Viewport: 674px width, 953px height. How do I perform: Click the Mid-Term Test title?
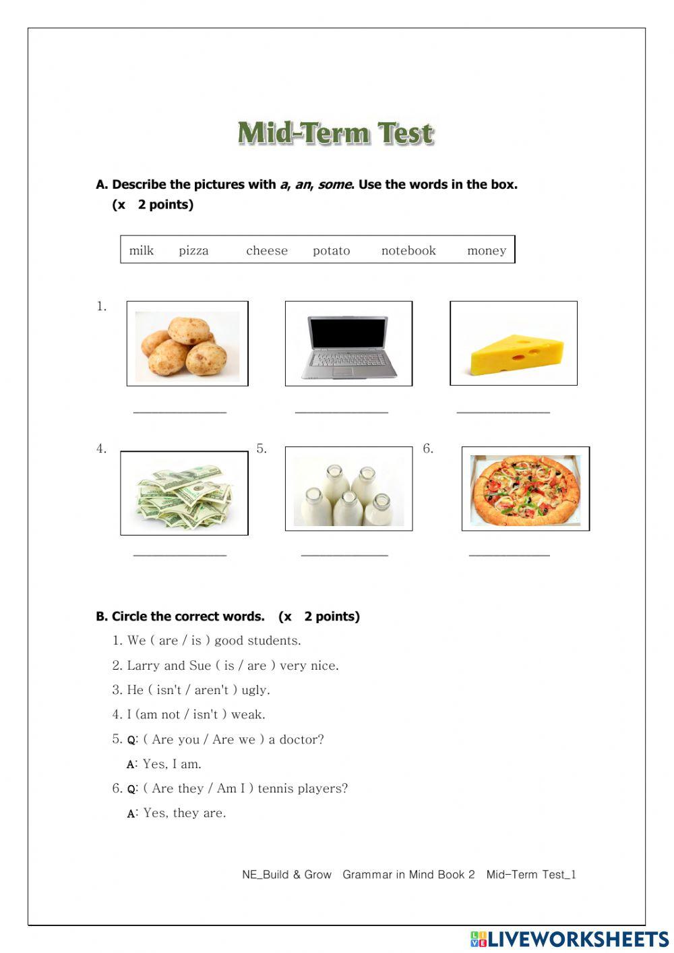pos(336,133)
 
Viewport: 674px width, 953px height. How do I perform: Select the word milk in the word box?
pos(142,250)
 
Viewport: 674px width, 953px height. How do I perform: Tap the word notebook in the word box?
pos(408,250)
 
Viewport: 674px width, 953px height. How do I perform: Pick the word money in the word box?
pos(486,250)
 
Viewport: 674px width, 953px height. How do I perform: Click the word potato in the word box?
pos(331,250)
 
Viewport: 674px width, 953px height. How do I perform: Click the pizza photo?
pos(525,490)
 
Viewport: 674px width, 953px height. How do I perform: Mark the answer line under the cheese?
pos(503,411)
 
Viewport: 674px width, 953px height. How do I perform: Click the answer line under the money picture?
pos(180,555)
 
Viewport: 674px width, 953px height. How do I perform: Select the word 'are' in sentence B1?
pos(168,641)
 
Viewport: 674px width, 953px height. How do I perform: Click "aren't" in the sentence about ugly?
pos(212,690)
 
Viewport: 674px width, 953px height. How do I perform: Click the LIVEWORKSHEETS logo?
pos(570,939)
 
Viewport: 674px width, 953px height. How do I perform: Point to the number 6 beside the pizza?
pos(427,449)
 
